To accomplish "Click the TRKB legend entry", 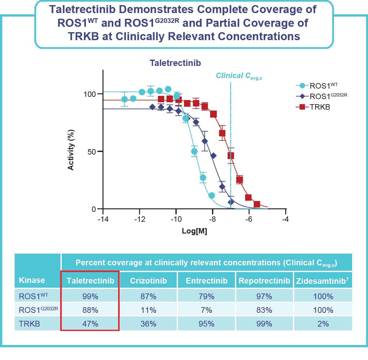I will [x=320, y=107].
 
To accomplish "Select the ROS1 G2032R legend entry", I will [x=328, y=96].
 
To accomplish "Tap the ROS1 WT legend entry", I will [x=323, y=86].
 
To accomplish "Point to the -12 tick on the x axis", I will [x=139, y=219].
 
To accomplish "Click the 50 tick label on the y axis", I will [x=92, y=152].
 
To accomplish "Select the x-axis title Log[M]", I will [x=194, y=231].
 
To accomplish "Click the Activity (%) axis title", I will [x=71, y=150].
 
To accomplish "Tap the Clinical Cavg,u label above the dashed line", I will [x=239, y=76].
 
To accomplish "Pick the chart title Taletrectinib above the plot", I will [x=175, y=63].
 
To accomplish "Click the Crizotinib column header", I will [x=148, y=281].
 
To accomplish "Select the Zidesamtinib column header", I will [x=322, y=281].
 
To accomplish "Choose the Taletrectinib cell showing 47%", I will [x=90, y=324].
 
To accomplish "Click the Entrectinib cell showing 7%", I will [x=206, y=310].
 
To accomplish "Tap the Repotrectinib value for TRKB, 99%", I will [x=264, y=324].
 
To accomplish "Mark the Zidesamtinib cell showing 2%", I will [x=323, y=324].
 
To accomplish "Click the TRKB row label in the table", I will [x=30, y=324].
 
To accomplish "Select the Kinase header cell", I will [x=32, y=280].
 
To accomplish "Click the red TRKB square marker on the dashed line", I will [x=231, y=156].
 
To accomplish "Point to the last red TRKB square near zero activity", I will [x=257, y=204].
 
